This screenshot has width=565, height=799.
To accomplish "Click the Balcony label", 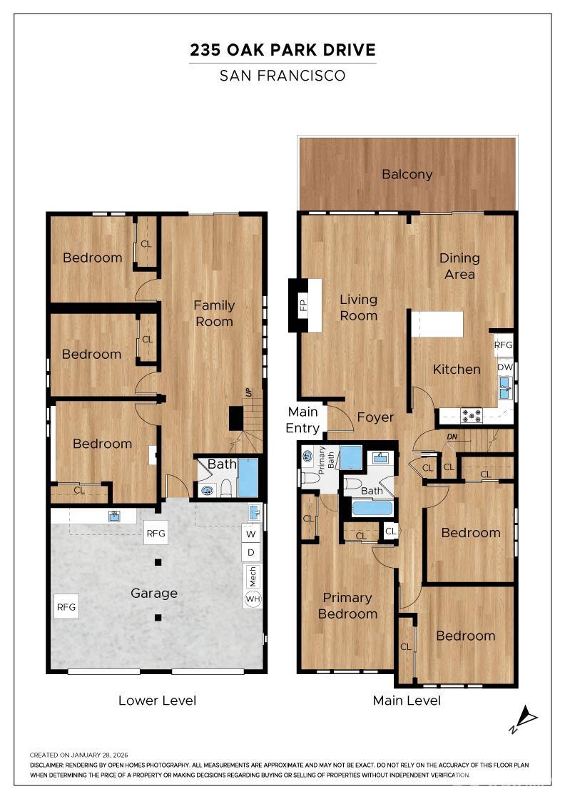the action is [407, 174].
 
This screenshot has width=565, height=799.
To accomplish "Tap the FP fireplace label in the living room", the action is [304, 305].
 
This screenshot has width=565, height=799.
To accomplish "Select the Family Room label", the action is [214, 313].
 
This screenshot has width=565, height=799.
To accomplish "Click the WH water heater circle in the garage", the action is [253, 599].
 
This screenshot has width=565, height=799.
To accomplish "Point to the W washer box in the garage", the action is [250, 534].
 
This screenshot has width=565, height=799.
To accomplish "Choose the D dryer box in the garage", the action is [250, 552].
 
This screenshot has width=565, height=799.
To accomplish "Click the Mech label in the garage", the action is [253, 576].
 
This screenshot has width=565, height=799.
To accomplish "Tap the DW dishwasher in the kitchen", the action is [505, 367].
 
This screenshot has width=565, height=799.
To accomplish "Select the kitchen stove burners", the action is [471, 415].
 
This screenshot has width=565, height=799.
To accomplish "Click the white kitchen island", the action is [437, 324].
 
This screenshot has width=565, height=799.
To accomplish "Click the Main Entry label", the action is [302, 420].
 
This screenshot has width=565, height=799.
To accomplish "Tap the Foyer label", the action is [375, 417].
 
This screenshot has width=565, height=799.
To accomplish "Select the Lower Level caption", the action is [157, 701].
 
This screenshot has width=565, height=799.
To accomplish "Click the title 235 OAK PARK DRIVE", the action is [282, 50].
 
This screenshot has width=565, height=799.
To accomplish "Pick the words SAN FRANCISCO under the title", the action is [282, 76].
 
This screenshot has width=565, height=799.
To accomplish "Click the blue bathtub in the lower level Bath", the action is [248, 478].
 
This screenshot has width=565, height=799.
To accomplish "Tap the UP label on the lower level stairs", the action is [249, 393].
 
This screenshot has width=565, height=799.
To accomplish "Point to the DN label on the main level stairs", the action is [452, 437].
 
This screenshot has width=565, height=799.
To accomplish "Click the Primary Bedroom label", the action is [347, 606].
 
